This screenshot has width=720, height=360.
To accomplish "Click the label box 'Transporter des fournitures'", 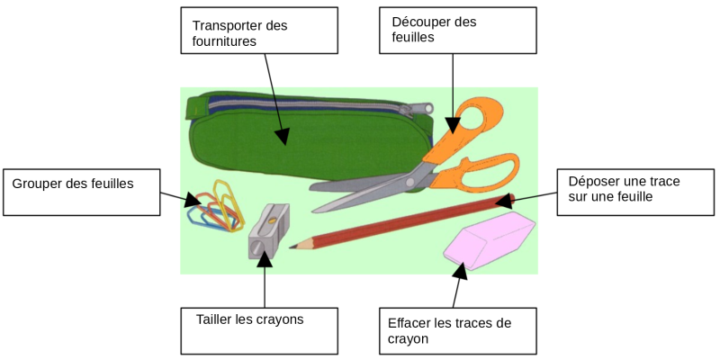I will [259, 32].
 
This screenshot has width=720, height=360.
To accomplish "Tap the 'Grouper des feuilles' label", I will [81, 190].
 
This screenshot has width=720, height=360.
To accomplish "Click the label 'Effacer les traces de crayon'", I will [457, 330].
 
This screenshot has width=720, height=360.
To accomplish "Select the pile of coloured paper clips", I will [214, 208].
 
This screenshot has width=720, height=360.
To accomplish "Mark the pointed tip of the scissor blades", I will [316, 211].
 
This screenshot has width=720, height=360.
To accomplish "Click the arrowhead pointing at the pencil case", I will [283, 138].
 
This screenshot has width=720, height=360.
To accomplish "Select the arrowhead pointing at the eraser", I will [459, 267].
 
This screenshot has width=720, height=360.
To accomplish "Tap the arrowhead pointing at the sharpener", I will [265, 258].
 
